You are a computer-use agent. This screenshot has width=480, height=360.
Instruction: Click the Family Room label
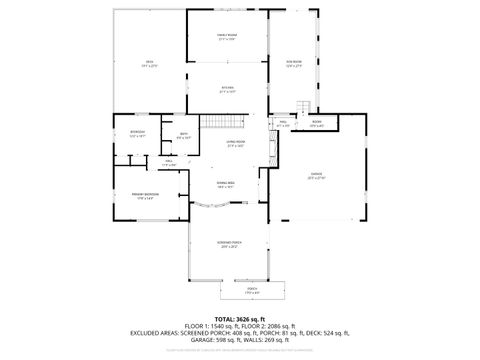[227, 37]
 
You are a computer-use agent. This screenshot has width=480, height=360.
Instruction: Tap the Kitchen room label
[227, 90]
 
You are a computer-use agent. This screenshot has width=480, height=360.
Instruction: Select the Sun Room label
[294, 37]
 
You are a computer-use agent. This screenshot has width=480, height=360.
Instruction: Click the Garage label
[317, 178]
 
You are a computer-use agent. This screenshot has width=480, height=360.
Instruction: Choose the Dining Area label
[227, 185]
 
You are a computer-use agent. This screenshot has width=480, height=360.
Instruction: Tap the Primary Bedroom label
[145, 195]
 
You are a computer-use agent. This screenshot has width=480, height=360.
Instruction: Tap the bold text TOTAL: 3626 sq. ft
[239, 318]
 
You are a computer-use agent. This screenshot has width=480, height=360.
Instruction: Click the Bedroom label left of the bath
[137, 134]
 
